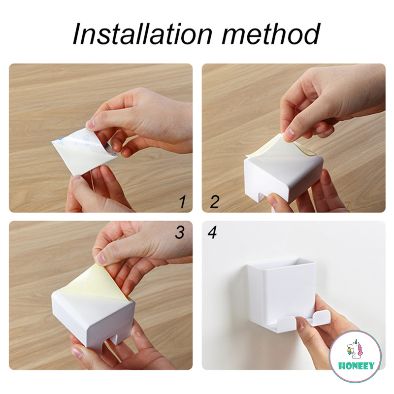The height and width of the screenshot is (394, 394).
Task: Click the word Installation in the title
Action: click(x=142, y=33)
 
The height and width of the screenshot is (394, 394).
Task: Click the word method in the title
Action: click(x=271, y=33)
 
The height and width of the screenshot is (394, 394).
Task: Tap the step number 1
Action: click(x=183, y=201)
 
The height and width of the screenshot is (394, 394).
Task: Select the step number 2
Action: click(x=214, y=201)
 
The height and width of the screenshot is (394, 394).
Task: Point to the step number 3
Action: click(x=180, y=232)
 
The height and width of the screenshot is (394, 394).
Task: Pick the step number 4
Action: click(x=212, y=232)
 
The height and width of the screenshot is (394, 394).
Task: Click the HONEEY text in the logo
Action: click(x=356, y=366)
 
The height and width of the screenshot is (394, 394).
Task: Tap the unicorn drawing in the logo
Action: click(x=355, y=349)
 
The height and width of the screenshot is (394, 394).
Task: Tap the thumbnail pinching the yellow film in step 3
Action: click(x=101, y=258)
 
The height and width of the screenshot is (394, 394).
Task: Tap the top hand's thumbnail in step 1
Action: click(x=90, y=124)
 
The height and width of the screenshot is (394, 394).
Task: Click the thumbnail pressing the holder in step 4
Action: click(x=300, y=324)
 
